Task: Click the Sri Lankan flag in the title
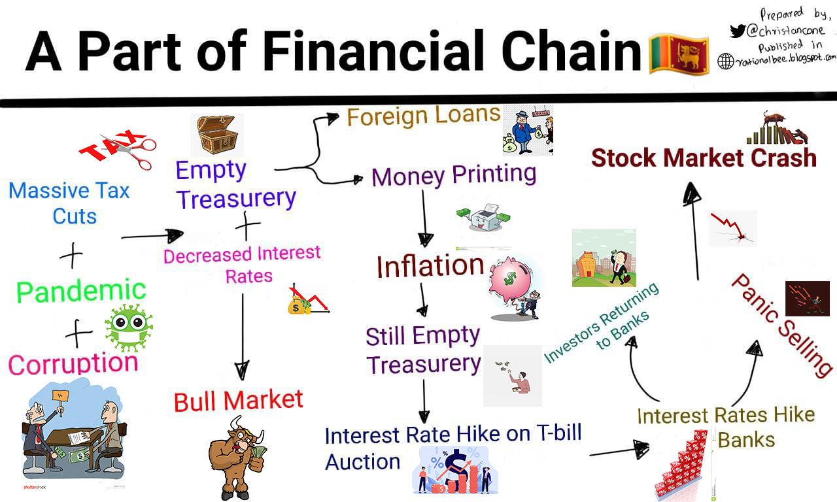[x=678, y=54]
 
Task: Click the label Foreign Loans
[x=423, y=116]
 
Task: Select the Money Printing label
[x=454, y=175]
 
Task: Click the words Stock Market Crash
[x=704, y=158]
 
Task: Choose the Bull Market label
[x=238, y=400]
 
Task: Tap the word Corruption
[x=73, y=363]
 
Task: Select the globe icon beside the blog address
[x=725, y=61]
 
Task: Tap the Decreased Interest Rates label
[x=242, y=264]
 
